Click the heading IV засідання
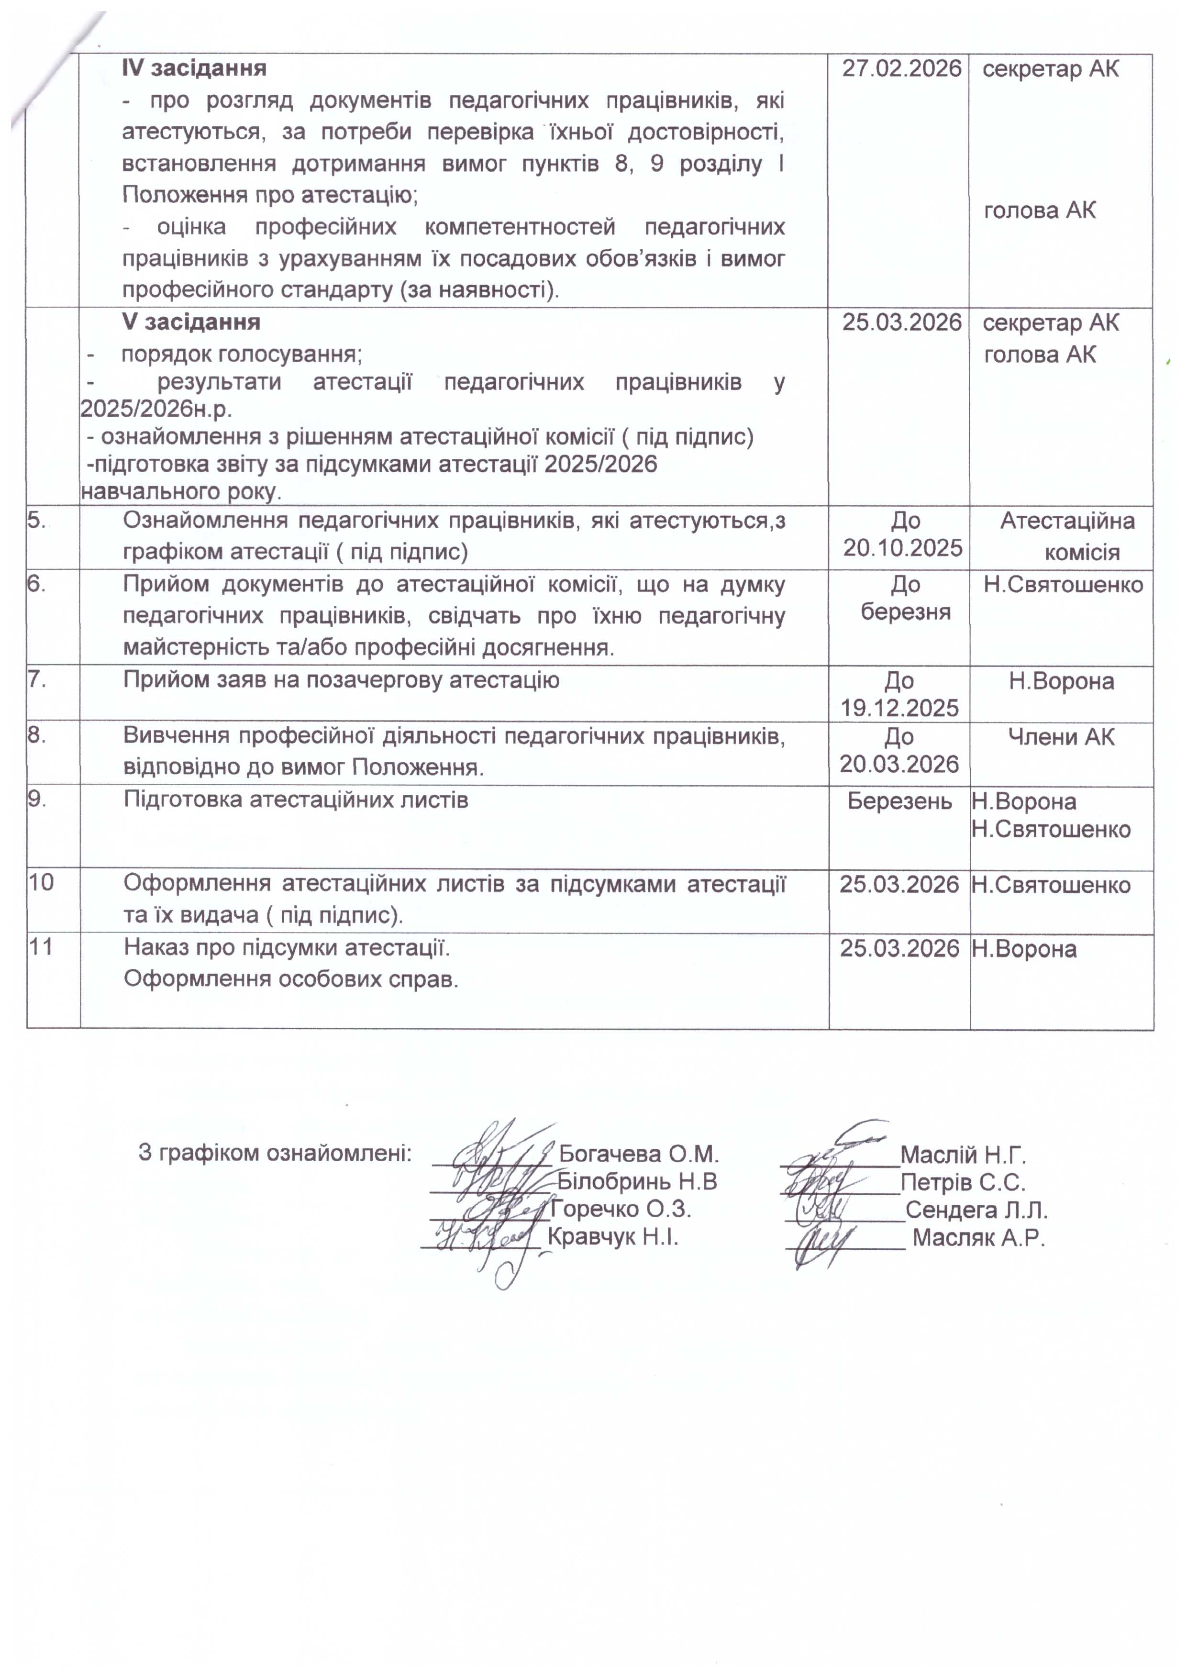194,69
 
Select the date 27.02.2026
901,69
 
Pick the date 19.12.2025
899,708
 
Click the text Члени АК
1061,737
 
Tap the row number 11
41,947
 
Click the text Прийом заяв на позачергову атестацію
341,680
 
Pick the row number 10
41,883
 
